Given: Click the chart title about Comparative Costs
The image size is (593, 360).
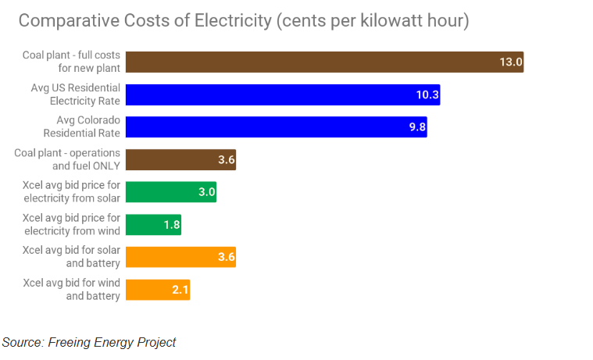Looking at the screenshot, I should point(243,21).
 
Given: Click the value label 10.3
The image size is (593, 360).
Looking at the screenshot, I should point(427,95).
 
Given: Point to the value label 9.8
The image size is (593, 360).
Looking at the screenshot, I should point(417,127).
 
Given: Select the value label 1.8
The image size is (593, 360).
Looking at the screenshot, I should point(171,225).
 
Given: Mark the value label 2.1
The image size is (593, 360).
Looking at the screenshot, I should point(180,290).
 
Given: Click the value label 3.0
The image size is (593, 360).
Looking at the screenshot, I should point(206,192).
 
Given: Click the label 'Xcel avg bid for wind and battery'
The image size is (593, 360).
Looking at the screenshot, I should point(71,290).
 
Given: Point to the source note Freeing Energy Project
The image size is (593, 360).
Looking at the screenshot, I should point(88,342).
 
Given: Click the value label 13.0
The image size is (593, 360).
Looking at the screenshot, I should point(511,62).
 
